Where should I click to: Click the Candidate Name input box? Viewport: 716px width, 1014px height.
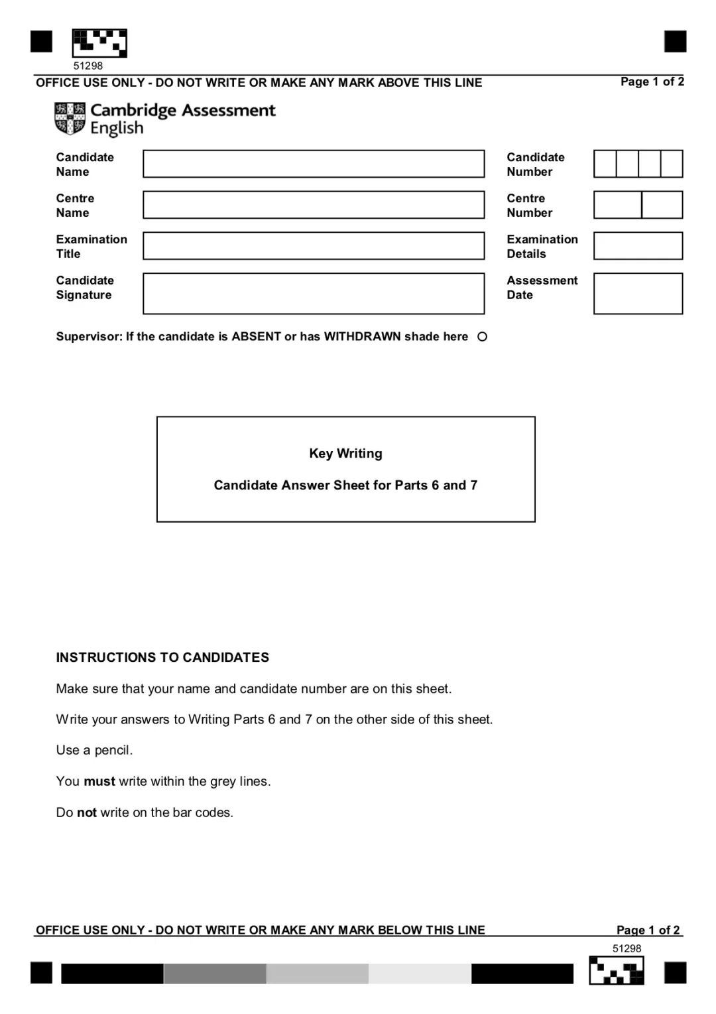[314, 164]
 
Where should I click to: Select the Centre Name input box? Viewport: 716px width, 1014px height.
[314, 205]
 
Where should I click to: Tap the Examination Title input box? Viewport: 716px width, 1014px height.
[314, 246]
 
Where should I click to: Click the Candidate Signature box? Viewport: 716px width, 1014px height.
[314, 293]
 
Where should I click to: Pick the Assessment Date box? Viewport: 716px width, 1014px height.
[638, 293]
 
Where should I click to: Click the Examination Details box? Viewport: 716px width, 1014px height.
[638, 246]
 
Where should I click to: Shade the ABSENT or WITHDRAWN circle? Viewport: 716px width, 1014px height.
[483, 337]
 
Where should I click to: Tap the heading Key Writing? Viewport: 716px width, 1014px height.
[345, 454]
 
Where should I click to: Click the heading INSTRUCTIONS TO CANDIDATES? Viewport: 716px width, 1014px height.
[162, 657]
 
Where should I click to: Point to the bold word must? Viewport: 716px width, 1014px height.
[99, 781]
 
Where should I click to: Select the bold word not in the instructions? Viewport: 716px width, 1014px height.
[87, 812]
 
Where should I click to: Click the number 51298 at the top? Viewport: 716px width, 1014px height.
[88, 66]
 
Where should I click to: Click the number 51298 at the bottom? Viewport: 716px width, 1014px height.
[626, 948]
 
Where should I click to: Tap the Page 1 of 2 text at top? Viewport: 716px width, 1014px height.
[652, 82]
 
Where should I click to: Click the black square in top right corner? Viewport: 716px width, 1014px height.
[675, 41]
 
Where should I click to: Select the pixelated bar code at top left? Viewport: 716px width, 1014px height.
[99, 43]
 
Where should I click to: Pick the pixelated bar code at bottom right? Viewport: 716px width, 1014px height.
[617, 970]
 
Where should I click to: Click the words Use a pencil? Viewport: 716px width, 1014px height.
[94, 750]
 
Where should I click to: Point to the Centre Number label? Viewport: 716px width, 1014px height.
[530, 206]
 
